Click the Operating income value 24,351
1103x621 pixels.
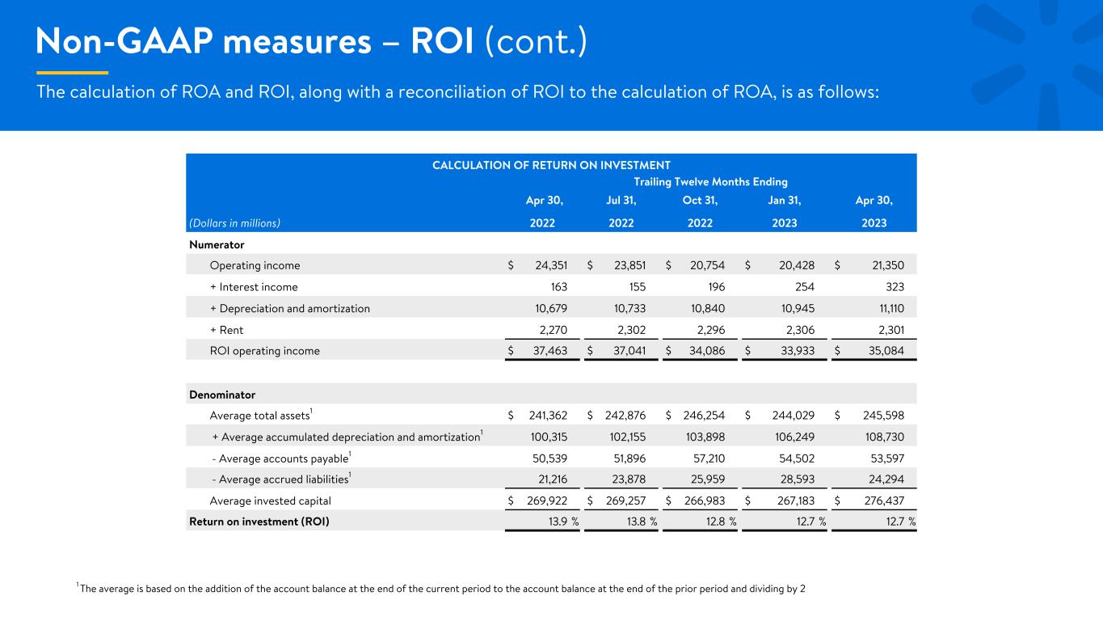pos(551,265)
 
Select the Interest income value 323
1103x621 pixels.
pos(895,287)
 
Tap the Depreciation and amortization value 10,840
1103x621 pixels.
pos(708,309)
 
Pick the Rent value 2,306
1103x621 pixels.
pos(800,330)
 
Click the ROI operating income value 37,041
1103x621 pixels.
pos(629,351)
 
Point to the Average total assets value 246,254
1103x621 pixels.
pos(704,416)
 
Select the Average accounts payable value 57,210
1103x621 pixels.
pos(709,458)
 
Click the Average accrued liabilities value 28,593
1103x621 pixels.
pos(798,479)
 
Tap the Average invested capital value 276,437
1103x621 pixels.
pos(884,501)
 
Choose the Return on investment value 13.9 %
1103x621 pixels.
pos(564,522)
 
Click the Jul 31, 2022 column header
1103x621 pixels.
pos(621,211)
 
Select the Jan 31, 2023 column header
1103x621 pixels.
pos(785,211)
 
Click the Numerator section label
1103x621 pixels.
pos(217,245)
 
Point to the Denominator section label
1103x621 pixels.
pos(222,395)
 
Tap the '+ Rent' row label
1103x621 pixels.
pos(226,330)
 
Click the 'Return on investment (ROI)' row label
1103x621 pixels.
pos(259,522)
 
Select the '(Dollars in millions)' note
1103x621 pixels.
pos(234,223)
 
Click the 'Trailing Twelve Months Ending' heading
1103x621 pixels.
pos(710,182)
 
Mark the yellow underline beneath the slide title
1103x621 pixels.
pos(73,73)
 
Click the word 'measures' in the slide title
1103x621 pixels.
pos(297,41)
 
